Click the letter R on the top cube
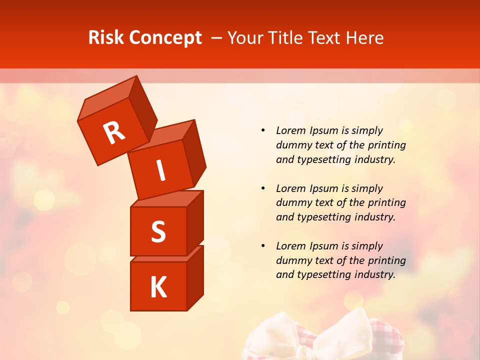click(114, 132)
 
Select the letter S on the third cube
click(158, 231)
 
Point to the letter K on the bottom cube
click(158, 287)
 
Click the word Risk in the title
click(106, 38)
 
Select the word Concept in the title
click(165, 38)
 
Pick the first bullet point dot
click(263, 130)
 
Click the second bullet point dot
click(263, 188)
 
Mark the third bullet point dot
click(263, 246)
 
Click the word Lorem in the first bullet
click(290, 130)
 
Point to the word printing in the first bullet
click(386, 145)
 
